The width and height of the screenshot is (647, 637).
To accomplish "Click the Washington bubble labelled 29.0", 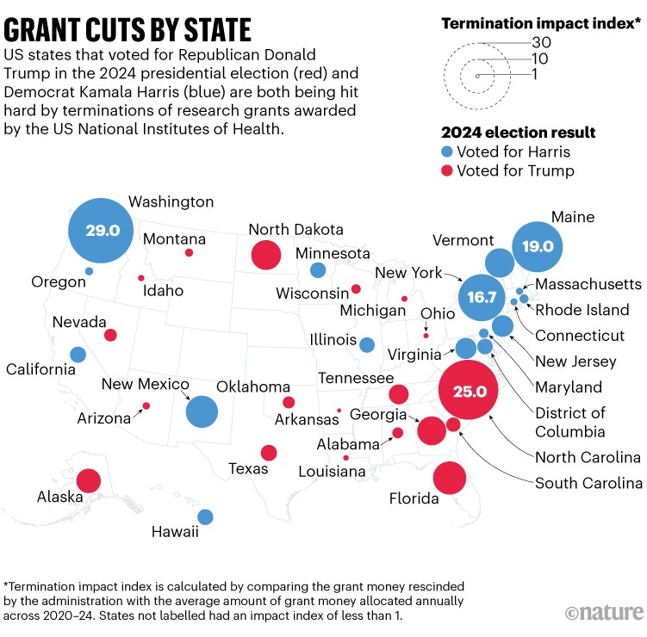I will [x=102, y=231].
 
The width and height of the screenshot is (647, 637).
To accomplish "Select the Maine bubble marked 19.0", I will [x=537, y=246].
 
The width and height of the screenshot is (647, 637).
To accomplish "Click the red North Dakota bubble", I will [x=265, y=255].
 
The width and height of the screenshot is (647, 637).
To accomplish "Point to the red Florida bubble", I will [x=450, y=478].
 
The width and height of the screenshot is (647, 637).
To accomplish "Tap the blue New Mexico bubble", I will [x=202, y=411].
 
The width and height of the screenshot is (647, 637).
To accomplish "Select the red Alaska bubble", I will [x=88, y=480].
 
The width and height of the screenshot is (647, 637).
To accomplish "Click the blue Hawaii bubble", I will [x=205, y=516].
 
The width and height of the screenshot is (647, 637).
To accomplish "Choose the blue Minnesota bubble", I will [x=318, y=270].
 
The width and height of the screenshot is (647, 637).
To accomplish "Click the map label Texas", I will [x=248, y=469].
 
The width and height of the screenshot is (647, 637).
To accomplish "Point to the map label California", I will [x=40, y=369].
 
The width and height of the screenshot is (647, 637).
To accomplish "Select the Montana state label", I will [x=175, y=238].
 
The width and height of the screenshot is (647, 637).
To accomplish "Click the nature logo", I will [x=604, y=613].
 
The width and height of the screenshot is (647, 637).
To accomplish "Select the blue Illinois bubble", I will [x=367, y=344].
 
